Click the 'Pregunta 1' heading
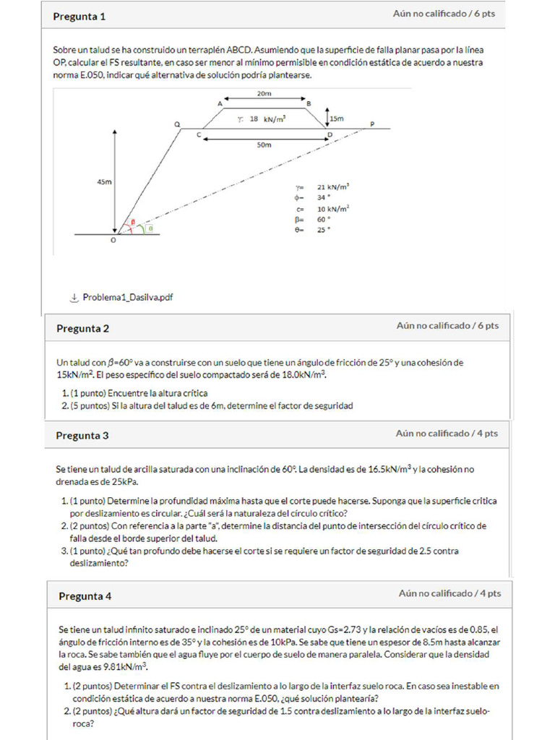tap(79, 17)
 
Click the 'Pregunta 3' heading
tap(82, 436)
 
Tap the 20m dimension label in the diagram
tap(264, 94)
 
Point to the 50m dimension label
tap(264, 145)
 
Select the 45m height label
tap(104, 182)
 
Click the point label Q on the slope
tap(178, 124)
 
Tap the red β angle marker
tap(132, 222)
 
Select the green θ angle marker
tap(150, 228)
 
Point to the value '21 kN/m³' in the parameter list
tap(334, 186)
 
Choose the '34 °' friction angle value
tap(324, 197)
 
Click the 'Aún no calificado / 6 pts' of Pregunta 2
tap(447, 326)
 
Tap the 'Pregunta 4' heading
tap(85, 597)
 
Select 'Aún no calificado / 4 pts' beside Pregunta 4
tap(449, 593)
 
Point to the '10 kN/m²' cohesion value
tap(334, 208)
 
